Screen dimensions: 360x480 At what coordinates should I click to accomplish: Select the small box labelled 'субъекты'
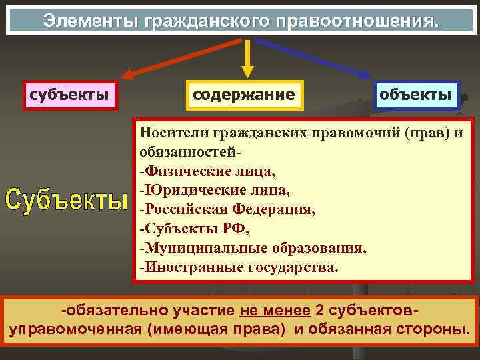69,94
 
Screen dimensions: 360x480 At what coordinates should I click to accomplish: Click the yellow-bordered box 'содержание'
243,94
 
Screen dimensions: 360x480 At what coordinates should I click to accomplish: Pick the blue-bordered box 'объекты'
416,94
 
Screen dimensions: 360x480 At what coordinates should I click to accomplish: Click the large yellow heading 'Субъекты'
66,199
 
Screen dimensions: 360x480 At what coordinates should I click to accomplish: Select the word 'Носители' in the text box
170,133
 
